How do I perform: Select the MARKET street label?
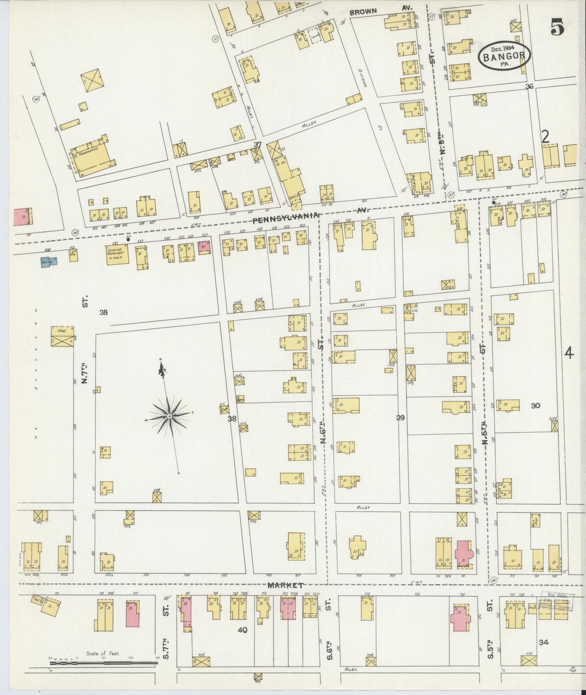[285, 586]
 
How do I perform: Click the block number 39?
[401, 418]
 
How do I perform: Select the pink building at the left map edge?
[23, 217]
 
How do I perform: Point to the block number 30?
[535, 405]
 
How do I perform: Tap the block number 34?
[544, 642]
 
